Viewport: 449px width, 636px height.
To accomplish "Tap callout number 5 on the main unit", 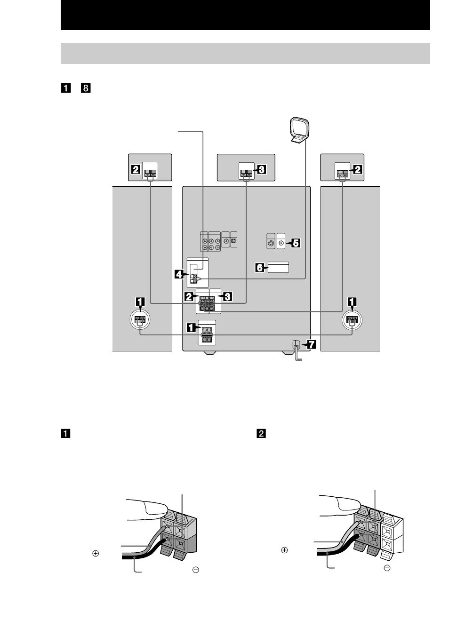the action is (x=296, y=243).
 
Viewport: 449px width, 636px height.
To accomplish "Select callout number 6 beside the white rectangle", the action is (x=260, y=268).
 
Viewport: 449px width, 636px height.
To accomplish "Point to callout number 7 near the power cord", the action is (x=311, y=344).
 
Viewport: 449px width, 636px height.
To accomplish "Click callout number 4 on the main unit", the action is (x=179, y=274).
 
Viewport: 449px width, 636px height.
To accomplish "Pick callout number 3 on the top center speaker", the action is (x=261, y=169).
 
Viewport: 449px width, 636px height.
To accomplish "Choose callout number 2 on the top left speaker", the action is (x=136, y=169).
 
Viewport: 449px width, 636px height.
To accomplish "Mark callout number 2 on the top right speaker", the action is (x=357, y=169).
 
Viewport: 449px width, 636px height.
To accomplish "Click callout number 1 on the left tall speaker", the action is (x=140, y=302).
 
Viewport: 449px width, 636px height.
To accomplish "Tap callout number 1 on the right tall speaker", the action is (x=352, y=302).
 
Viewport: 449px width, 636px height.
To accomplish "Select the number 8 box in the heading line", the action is (x=86, y=88).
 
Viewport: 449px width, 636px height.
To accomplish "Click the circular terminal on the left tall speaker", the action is (x=140, y=320).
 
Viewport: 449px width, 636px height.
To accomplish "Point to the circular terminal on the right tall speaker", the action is (x=352, y=320).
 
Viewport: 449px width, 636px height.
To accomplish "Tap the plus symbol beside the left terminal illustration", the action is (x=96, y=553).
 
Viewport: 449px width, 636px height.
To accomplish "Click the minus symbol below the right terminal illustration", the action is (x=387, y=568).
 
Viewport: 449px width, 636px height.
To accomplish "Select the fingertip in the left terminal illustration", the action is (x=156, y=508).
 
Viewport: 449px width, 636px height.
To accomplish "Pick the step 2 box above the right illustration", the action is (x=261, y=434).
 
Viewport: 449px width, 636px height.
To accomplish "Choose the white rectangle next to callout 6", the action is (x=278, y=268).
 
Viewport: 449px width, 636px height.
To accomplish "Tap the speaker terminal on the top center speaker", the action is (x=246, y=173).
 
